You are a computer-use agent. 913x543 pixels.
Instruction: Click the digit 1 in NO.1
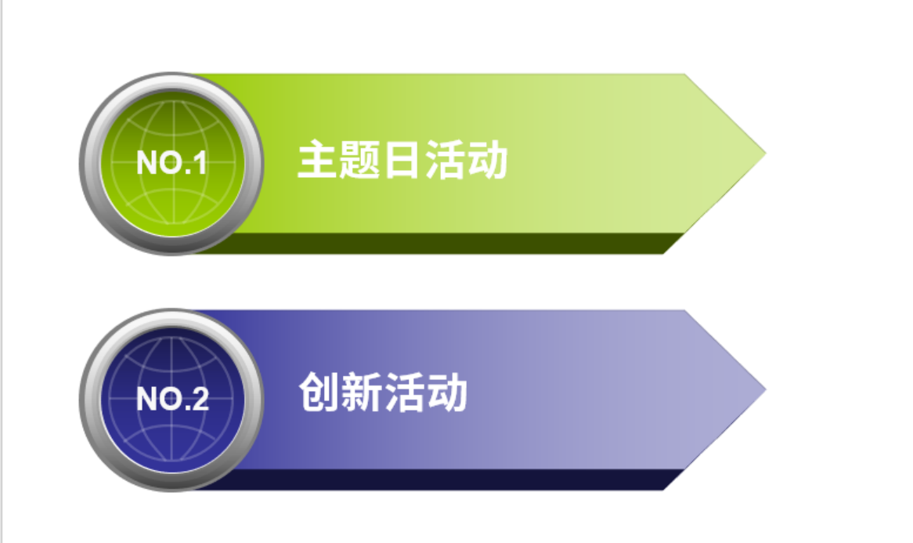[x=200, y=162]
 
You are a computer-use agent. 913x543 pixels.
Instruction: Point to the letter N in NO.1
[x=146, y=162]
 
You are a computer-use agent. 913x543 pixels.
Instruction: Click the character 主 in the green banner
[x=318, y=159]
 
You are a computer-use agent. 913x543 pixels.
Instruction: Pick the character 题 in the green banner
[x=360, y=159]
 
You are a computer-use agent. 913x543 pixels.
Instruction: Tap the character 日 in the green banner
[x=401, y=159]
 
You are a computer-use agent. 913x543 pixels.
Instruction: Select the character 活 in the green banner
[x=444, y=159]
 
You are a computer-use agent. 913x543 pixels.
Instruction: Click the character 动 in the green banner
[x=487, y=159]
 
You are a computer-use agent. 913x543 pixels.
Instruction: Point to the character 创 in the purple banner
[x=319, y=392]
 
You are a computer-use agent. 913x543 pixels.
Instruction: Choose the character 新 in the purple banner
[x=362, y=392]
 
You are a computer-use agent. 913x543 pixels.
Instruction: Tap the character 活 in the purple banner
[x=404, y=392]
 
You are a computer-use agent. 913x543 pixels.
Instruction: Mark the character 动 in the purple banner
[x=446, y=392]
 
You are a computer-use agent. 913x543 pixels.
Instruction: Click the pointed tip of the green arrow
[x=765, y=154]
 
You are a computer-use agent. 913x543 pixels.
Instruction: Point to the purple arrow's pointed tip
[x=765, y=389]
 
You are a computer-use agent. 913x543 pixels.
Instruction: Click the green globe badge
[x=171, y=164]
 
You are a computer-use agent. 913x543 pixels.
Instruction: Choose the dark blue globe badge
[x=171, y=400]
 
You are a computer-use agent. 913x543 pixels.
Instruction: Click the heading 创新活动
[x=383, y=392]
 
